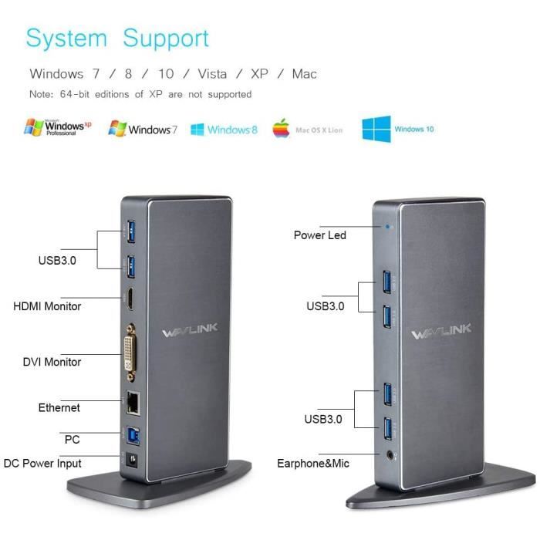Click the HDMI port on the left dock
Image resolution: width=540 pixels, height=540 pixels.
[130, 299]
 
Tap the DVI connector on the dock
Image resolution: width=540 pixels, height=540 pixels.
[130, 353]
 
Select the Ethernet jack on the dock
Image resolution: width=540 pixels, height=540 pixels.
[133, 403]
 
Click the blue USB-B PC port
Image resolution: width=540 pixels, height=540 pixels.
[133, 436]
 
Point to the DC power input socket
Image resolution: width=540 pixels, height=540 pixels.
[132, 460]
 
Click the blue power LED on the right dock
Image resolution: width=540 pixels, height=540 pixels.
[388, 227]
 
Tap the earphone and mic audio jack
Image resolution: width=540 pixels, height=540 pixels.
[390, 455]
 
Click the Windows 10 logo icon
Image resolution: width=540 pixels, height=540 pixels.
[376, 129]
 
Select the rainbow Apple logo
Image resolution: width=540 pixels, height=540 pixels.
[282, 129]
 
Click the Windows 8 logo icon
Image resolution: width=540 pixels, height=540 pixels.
[197, 130]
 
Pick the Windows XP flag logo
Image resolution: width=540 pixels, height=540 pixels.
[34, 127]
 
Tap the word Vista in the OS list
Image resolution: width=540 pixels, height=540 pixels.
[212, 74]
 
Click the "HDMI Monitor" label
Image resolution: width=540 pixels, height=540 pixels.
[47, 306]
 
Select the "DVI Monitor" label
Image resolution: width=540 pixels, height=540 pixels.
[52, 362]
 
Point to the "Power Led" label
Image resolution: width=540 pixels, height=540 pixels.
[320, 235]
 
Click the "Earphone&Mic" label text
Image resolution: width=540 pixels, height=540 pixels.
[313, 464]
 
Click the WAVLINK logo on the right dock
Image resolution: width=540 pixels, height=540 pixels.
[441, 332]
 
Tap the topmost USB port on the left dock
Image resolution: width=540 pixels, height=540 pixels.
[131, 231]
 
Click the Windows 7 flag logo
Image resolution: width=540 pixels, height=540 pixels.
[117, 129]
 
